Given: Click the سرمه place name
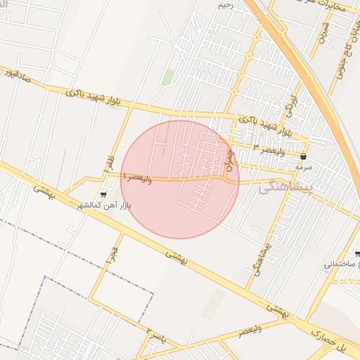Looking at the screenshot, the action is [x=303, y=168].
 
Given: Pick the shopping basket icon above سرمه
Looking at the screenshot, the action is [x=303, y=156].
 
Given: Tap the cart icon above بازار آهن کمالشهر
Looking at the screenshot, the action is [x=104, y=194].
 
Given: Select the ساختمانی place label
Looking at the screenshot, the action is [x=342, y=264].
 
